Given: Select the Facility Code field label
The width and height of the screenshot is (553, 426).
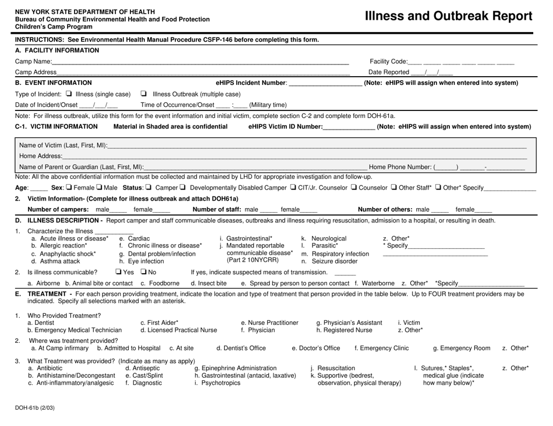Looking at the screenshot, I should click(388, 62).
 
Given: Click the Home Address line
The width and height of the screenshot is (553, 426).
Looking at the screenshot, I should click(291, 156).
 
